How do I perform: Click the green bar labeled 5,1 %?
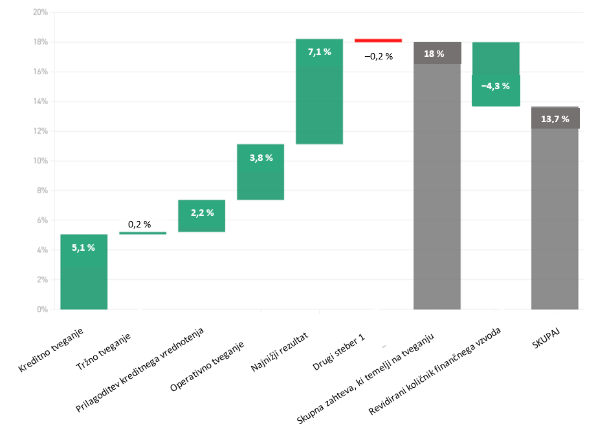83,271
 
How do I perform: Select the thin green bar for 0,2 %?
142,233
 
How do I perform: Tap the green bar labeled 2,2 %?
201,216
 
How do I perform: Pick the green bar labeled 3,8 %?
260,172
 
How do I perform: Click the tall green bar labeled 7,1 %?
319,91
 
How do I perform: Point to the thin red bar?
378,40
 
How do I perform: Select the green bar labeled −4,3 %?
496,74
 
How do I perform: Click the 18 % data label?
434,54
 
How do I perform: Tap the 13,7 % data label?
555,119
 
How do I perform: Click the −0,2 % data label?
379,56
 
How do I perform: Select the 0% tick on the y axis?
41,310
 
